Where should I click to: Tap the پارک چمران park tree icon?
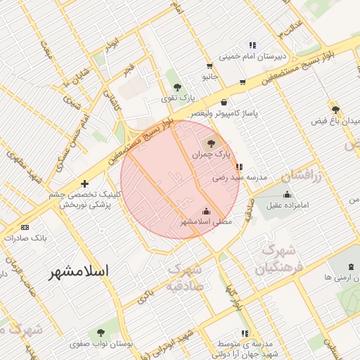pyautogui.click(x=213, y=143)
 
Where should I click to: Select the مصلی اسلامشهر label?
pyautogui.click(x=205, y=221)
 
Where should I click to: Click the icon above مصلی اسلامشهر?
pyautogui.click(x=206, y=210)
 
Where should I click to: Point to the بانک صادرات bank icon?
pyautogui.click(x=25, y=227)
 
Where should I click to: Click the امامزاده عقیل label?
pyautogui.click(x=287, y=206)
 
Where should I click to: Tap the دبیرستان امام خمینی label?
pyautogui.click(x=253, y=57)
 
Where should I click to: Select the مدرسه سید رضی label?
pyautogui.click(x=240, y=178)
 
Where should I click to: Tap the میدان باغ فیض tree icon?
pyautogui.click(x=335, y=110)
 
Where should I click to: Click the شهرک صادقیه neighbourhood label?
pyautogui.click(x=186, y=278)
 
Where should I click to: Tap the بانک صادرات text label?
pyautogui.click(x=25, y=238)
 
